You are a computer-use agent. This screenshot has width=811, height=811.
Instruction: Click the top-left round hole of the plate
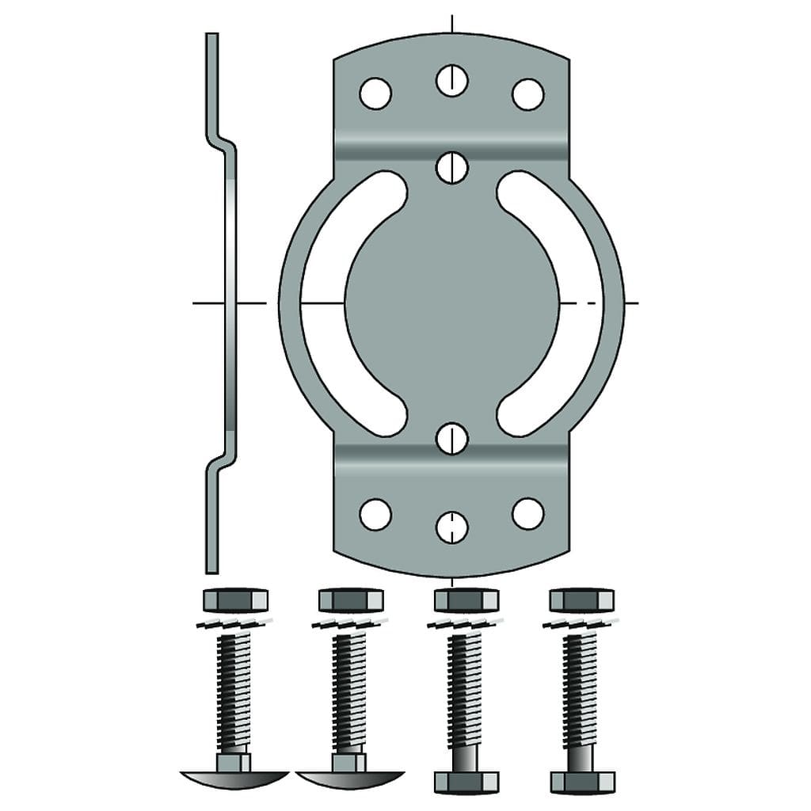(375, 93)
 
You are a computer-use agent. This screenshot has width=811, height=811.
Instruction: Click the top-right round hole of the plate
(527, 93)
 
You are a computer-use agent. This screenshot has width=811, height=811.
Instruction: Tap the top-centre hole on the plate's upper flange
(451, 80)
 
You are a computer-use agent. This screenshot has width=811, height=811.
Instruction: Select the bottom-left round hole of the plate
(375, 513)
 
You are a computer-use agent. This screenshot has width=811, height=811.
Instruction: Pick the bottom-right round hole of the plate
(527, 513)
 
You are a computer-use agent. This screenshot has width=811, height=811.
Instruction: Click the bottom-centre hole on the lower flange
(451, 527)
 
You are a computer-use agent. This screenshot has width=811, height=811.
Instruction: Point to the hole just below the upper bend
(451, 167)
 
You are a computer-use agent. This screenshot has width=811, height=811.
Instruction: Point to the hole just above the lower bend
(451, 438)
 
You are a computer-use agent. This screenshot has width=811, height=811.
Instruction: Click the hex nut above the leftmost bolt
(235, 600)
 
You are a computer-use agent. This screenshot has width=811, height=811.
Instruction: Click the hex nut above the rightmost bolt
(581, 600)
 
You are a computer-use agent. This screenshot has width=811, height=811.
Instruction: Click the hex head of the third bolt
(466, 781)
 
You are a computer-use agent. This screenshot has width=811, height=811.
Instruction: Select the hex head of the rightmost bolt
(581, 781)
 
